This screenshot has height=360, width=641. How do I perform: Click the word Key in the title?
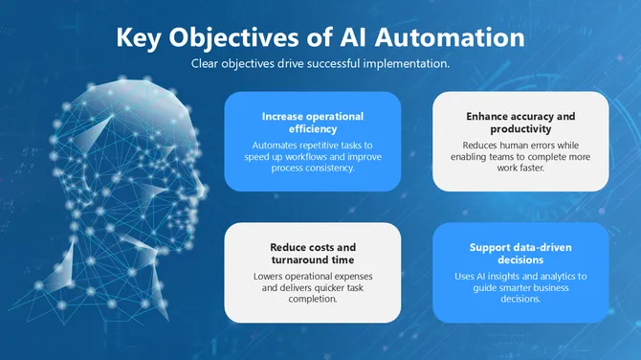(141, 38)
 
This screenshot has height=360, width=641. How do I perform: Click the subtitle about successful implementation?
(320, 64)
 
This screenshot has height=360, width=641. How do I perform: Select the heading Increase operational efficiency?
(313, 123)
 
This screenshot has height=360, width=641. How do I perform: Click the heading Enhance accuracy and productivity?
(520, 123)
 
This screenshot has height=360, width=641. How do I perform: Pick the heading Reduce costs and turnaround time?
(313, 254)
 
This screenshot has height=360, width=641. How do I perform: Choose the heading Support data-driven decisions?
(520, 254)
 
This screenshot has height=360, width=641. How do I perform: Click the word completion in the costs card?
(312, 299)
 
